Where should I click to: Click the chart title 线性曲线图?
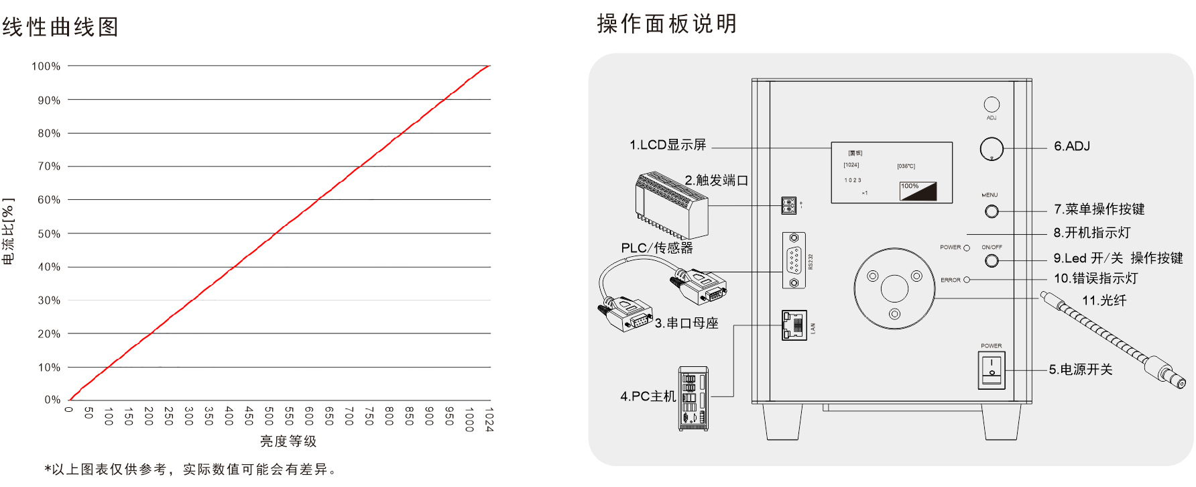tap(60, 27)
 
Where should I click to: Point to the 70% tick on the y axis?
tap(49, 166)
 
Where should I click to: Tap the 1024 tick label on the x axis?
tap(489, 419)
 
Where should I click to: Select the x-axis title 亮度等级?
tap(288, 441)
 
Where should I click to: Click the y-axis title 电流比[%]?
tap(8, 231)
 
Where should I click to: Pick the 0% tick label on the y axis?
tap(52, 400)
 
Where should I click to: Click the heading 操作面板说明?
tap(667, 24)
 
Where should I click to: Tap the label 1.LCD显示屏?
tap(668, 145)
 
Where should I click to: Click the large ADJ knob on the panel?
tap(992, 148)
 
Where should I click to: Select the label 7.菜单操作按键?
tap(1099, 209)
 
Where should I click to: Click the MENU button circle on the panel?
tap(992, 211)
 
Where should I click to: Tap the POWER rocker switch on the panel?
tap(992, 370)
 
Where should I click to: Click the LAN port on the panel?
tap(794, 325)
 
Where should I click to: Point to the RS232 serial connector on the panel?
tap(794, 260)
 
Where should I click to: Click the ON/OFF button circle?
tap(992, 260)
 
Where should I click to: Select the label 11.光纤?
tap(1104, 301)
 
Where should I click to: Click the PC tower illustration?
tap(693, 398)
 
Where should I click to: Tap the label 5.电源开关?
tap(1081, 370)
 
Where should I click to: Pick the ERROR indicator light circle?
tap(967, 280)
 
